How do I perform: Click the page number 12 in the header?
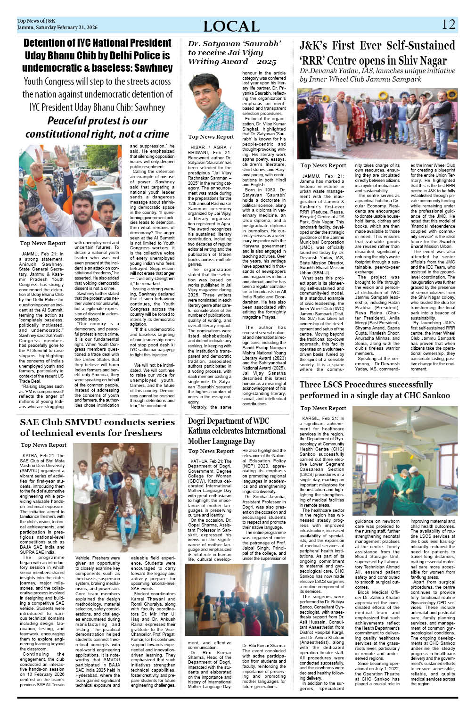click(449, 24)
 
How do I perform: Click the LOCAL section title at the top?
click(231, 26)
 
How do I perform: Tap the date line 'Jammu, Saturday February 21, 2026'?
click(57, 27)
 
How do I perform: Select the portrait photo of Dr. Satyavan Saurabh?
click(210, 102)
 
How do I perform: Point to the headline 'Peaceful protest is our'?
click(97, 121)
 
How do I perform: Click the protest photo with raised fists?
click(70, 190)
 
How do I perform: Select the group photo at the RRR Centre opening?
click(377, 123)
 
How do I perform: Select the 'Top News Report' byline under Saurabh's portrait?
click(211, 137)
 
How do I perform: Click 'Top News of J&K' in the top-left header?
click(36, 21)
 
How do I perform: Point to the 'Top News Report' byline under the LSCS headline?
click(323, 408)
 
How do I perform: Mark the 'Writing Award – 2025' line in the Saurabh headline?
click(232, 62)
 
